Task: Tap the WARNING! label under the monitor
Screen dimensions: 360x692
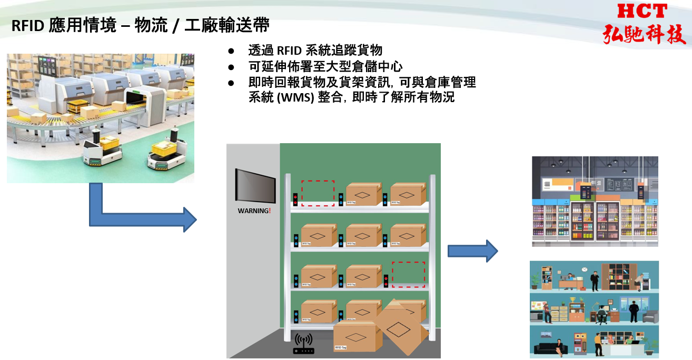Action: coord(254,211)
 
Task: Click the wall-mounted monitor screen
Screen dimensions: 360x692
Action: coord(255,185)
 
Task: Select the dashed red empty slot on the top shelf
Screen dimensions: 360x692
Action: coord(318,193)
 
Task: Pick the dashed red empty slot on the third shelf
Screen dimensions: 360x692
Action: coord(408,274)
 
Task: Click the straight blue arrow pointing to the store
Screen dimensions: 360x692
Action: coord(472,251)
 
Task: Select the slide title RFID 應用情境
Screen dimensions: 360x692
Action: coord(63,26)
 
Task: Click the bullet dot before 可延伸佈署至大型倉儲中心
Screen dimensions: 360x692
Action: coord(231,67)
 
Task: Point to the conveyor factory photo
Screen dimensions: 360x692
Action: coord(100,118)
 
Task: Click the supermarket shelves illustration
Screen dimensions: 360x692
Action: coord(595,201)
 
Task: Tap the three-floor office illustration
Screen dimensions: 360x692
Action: coord(594,309)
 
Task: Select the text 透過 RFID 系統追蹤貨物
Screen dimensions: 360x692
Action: coord(315,51)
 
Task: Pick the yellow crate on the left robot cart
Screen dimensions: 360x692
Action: coord(110,142)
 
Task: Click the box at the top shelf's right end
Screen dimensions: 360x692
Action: coord(408,194)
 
